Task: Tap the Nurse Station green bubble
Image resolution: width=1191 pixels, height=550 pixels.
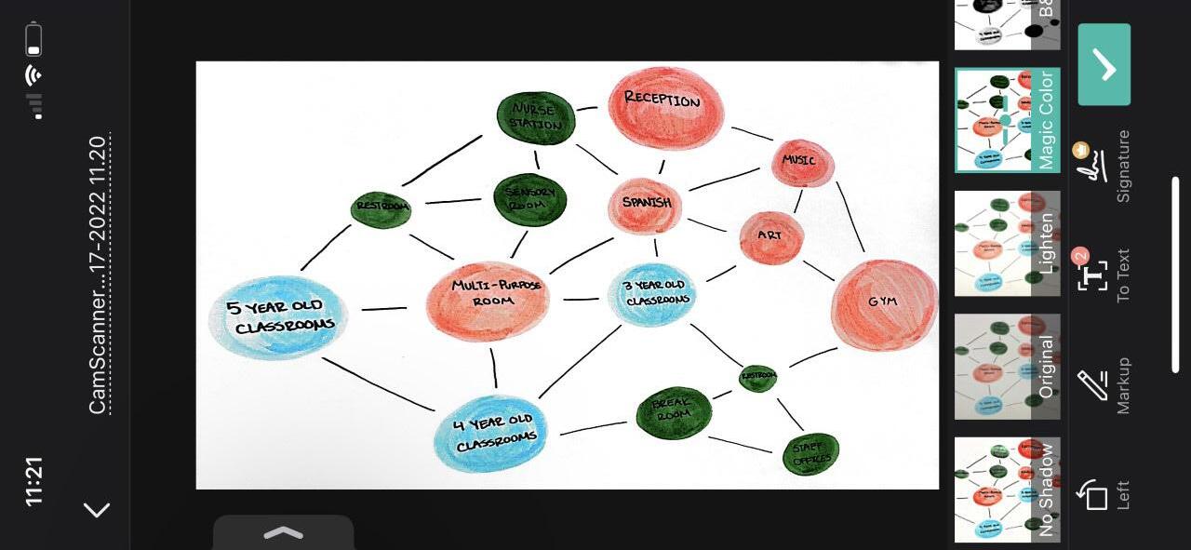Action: coord(536,117)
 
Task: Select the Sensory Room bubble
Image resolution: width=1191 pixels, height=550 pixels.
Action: coord(529,199)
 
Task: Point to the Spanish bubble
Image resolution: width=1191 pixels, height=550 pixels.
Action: coord(645,206)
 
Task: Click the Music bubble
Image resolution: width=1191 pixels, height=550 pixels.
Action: coord(802,163)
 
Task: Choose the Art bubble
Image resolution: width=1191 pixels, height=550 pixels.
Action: coord(770,237)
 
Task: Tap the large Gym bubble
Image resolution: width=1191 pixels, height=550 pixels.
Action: coord(883,304)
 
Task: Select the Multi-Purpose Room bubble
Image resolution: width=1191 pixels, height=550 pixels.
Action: coord(488,300)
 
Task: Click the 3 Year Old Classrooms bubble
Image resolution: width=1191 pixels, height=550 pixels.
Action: coord(652,294)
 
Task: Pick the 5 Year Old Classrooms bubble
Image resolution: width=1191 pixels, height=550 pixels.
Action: coord(278,317)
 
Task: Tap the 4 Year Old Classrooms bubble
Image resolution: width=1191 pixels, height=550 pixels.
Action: coord(490,433)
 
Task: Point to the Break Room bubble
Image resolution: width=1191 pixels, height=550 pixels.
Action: coord(674,413)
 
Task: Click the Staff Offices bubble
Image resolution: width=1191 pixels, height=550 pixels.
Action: coord(810,453)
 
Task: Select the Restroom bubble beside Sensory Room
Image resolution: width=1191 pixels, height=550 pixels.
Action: coord(381,209)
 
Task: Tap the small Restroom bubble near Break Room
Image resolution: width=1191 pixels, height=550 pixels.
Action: coord(757,378)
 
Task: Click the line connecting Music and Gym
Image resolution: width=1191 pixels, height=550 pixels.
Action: coord(850,217)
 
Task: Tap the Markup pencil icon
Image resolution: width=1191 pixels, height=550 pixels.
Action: coord(1092,383)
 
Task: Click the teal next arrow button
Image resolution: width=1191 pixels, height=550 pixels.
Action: coord(1104,65)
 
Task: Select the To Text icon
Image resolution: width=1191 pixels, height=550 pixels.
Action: coord(1092,275)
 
